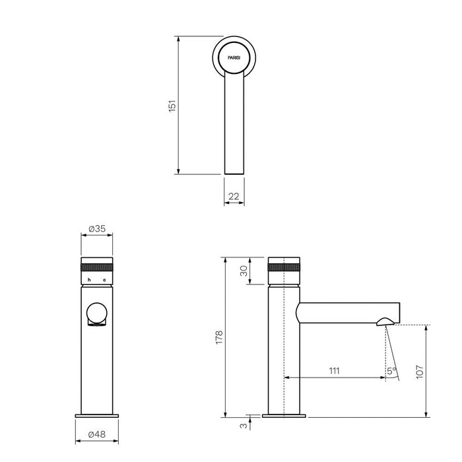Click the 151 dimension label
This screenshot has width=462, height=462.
pyautogui.click(x=172, y=106)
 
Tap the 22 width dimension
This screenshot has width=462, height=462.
pyautogui.click(x=234, y=196)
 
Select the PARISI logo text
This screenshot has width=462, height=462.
pyautogui.click(x=234, y=58)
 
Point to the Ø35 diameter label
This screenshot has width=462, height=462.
pyautogui.click(x=96, y=228)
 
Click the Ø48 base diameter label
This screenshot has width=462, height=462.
pyautogui.click(x=96, y=434)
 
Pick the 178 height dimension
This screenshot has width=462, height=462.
pyautogui.click(x=220, y=337)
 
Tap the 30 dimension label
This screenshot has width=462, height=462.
pyautogui.click(x=244, y=271)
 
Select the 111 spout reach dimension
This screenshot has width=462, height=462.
pyautogui.click(x=335, y=371)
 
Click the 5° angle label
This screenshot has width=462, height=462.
pyautogui.click(x=391, y=371)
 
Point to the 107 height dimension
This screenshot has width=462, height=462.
pyautogui.click(x=420, y=372)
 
